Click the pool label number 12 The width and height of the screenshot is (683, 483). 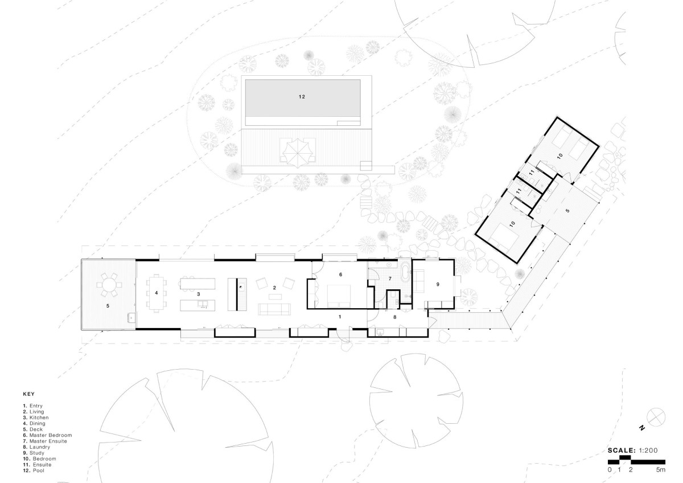[x=302, y=97]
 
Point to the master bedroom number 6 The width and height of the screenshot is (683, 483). [x=340, y=275]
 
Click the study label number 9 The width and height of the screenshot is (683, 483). [x=438, y=284]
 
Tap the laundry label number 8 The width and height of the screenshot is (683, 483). [x=394, y=317]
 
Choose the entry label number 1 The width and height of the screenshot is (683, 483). [x=340, y=317]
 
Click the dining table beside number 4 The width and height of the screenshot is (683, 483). [x=157, y=293]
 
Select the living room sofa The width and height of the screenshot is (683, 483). [x=274, y=309]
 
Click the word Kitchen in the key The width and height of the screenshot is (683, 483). [x=39, y=417]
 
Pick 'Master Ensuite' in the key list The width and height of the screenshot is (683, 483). [x=48, y=441]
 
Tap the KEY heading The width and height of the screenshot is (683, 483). [x=28, y=394]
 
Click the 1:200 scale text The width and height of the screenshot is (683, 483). [x=648, y=451]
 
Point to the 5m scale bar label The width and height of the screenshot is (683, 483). [x=660, y=469]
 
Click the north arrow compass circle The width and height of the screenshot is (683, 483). [x=656, y=417]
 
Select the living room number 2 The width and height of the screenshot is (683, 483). [x=274, y=288]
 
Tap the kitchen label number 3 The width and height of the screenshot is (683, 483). [x=199, y=294]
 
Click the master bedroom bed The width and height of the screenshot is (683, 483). [x=339, y=296]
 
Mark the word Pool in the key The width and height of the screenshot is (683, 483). [x=39, y=470]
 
